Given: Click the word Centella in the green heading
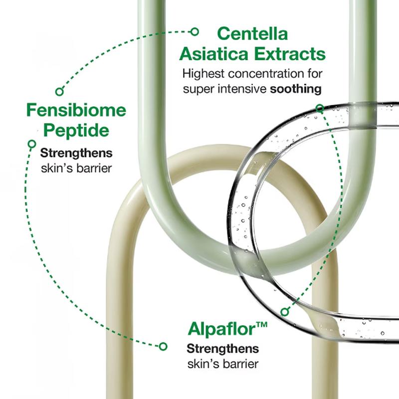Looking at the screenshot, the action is click(x=252, y=33).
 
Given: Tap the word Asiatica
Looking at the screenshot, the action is click(x=214, y=54).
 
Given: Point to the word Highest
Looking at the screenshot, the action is click(x=203, y=74).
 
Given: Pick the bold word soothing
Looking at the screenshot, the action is click(x=296, y=89).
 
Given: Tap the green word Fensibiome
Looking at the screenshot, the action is click(x=76, y=110).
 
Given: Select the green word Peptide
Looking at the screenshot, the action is click(x=76, y=130).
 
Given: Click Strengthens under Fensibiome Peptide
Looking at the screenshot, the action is click(x=76, y=153).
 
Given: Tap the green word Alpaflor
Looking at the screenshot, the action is click(x=221, y=329).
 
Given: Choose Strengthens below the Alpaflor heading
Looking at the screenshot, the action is click(x=222, y=349).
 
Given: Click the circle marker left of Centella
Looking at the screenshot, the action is click(x=195, y=32).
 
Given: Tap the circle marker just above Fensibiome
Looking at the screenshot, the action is click(x=59, y=92).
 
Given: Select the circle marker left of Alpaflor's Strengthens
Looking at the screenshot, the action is click(x=163, y=346).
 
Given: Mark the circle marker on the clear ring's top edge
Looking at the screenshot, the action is click(x=320, y=109).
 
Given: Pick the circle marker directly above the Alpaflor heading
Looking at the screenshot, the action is click(x=285, y=312).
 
